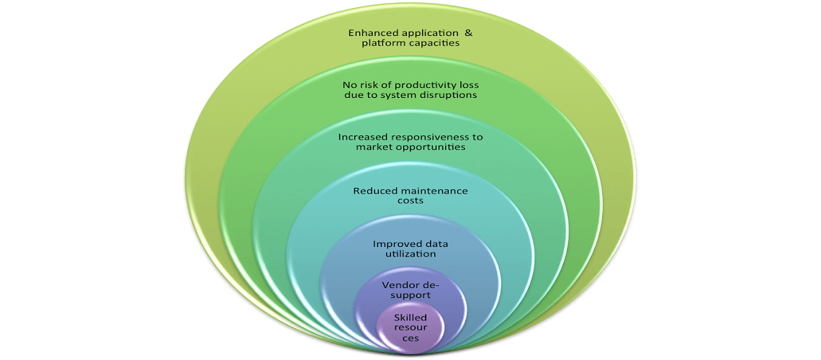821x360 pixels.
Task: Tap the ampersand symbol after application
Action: pyautogui.click(x=469, y=33)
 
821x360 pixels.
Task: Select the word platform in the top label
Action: pyautogui.click(x=381, y=44)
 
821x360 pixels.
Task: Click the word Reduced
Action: pyautogui.click(x=373, y=191)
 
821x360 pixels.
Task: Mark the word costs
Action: pyautogui.click(x=411, y=202)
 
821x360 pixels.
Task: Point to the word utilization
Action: pyautogui.click(x=410, y=255)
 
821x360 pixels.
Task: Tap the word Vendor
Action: pyautogui.click(x=398, y=286)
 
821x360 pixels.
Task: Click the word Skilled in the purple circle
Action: pyautogui.click(x=410, y=318)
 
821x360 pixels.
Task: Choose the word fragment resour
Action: pyautogui.click(x=410, y=328)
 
